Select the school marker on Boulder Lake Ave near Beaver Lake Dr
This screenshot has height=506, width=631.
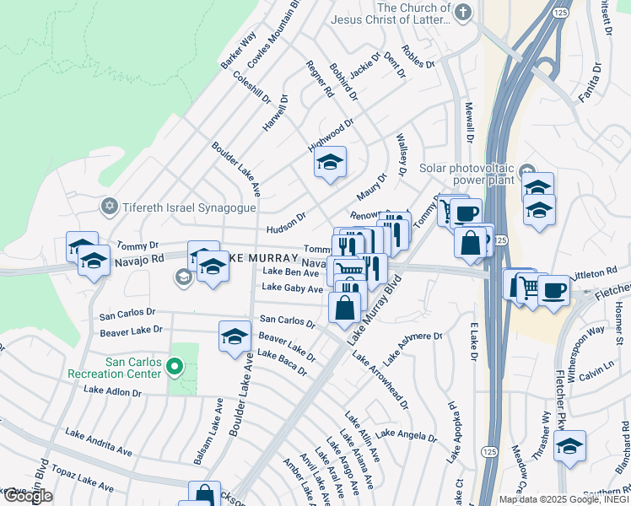[x=235, y=336]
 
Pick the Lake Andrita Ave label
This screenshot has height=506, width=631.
[x=99, y=444]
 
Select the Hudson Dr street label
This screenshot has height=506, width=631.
[x=285, y=222]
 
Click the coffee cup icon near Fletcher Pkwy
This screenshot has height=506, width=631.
[x=553, y=291]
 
